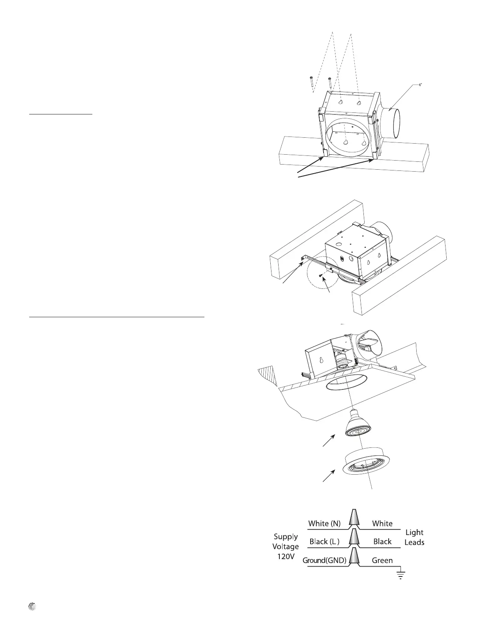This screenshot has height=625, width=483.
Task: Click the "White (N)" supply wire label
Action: [x=324, y=524]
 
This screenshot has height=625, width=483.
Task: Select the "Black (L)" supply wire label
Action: [x=324, y=542]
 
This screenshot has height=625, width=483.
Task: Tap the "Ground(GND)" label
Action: [x=324, y=560]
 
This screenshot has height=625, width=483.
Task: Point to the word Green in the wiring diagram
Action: [x=382, y=560]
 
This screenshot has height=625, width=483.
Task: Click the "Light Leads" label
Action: [x=414, y=537]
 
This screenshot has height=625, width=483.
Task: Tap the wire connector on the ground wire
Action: [x=354, y=555]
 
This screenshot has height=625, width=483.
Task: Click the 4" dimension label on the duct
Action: [x=421, y=85]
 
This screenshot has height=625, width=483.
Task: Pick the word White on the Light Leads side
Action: [x=382, y=524]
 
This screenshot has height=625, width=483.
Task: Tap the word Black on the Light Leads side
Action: [x=382, y=542]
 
